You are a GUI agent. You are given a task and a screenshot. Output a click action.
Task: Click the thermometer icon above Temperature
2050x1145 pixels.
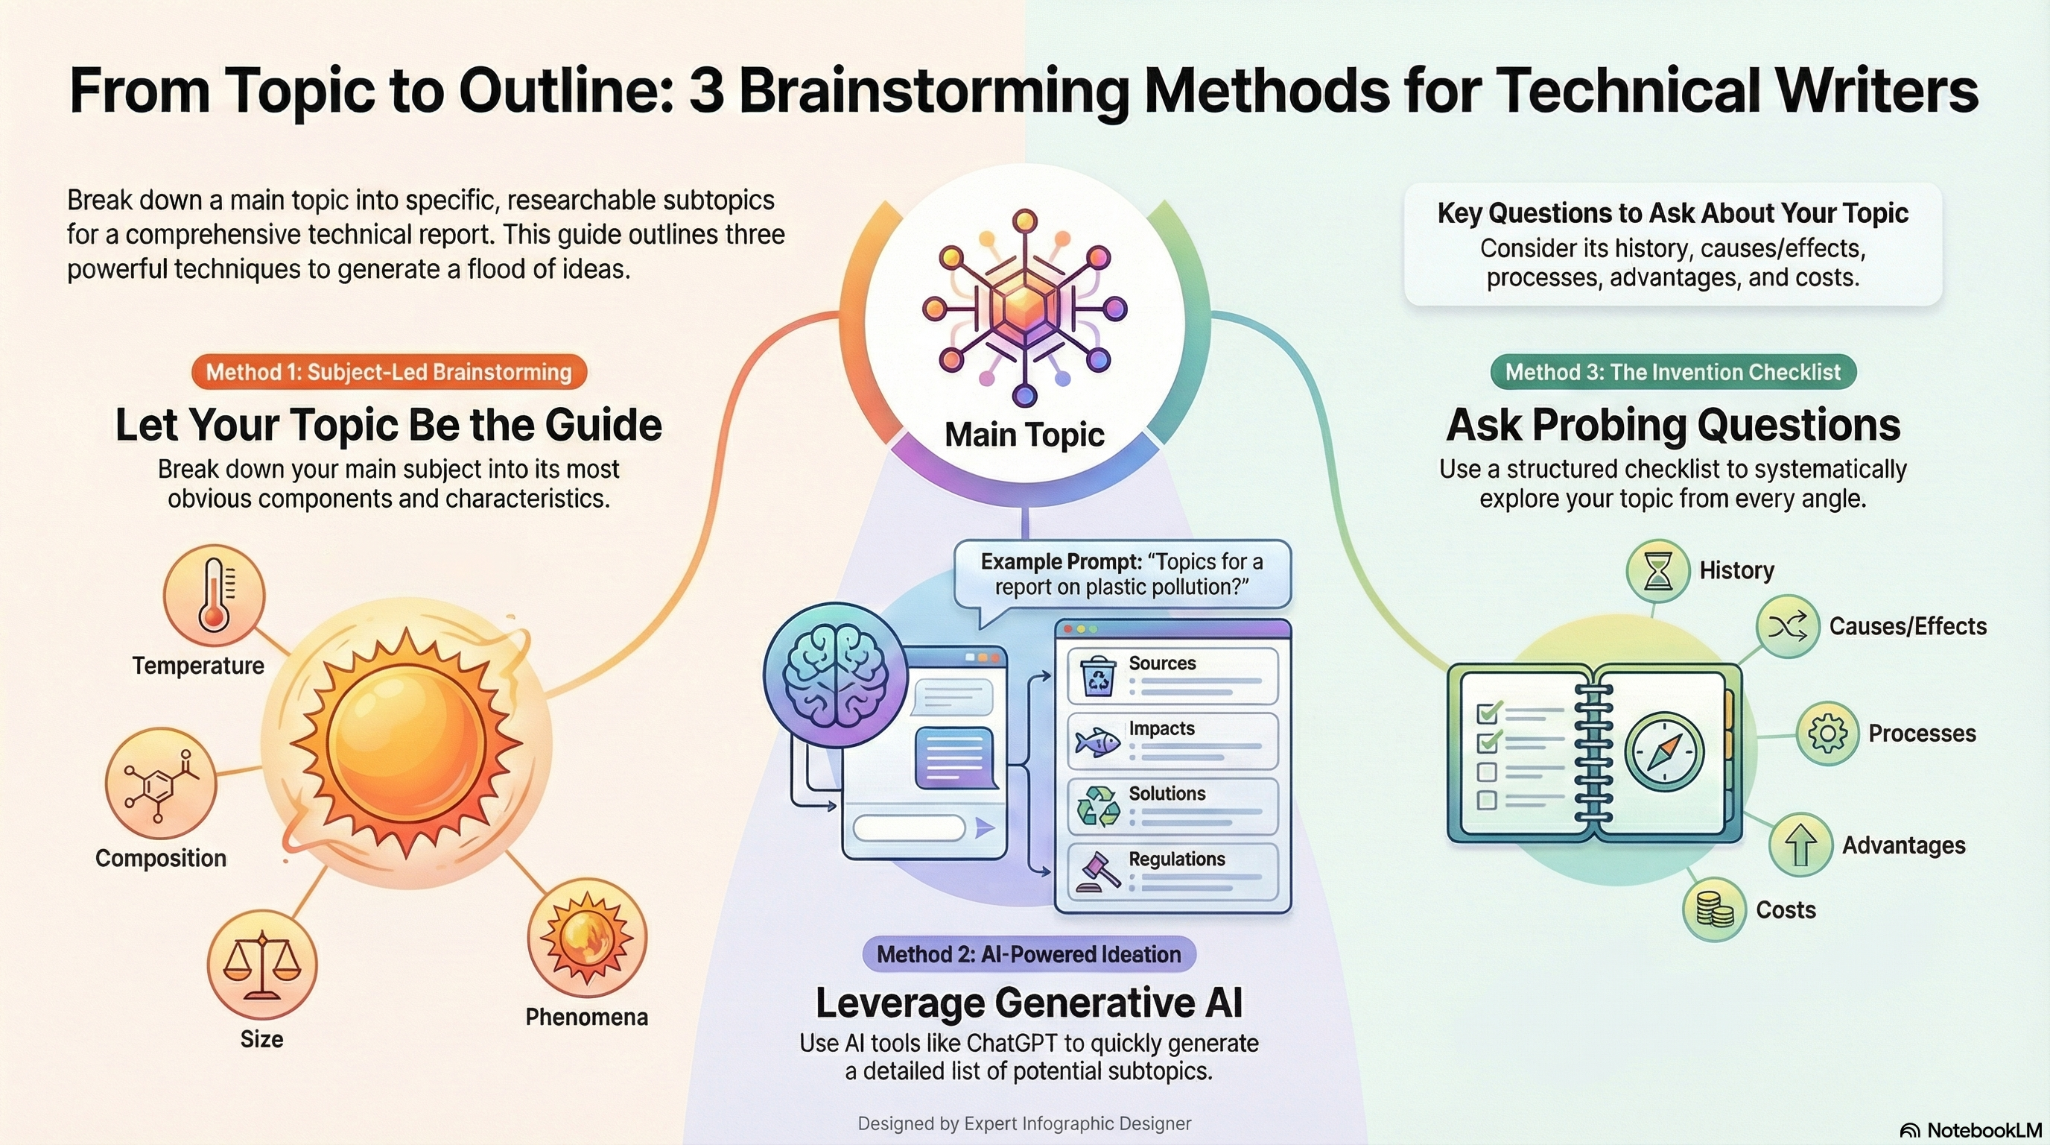tap(213, 595)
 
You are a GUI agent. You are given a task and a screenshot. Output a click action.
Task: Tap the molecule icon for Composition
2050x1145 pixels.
tap(161, 783)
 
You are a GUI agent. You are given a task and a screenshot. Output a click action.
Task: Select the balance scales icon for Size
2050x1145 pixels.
tap(261, 965)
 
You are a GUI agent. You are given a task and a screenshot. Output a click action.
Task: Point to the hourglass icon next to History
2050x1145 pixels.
tap(1657, 570)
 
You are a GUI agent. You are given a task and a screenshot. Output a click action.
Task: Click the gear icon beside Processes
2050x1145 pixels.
tap(1827, 734)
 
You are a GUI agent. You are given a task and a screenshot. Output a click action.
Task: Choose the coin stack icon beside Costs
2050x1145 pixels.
tap(1714, 909)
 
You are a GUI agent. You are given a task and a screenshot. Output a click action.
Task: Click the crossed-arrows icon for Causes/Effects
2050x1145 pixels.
tap(1787, 627)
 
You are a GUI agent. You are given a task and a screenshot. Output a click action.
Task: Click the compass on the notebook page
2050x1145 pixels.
tap(1664, 751)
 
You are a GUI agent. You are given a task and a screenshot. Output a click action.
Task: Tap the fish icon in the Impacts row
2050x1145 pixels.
tap(1097, 743)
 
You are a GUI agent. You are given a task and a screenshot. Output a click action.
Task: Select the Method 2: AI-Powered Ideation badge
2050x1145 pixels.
tap(1028, 954)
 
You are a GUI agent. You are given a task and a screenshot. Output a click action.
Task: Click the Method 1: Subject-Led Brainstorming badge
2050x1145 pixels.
tap(388, 372)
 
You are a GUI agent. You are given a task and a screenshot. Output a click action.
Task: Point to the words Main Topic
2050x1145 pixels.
tap(1024, 435)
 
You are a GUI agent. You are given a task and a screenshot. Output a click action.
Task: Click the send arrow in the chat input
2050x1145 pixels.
tap(985, 828)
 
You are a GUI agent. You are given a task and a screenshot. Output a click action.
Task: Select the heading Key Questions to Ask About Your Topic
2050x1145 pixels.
tap(1672, 213)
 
